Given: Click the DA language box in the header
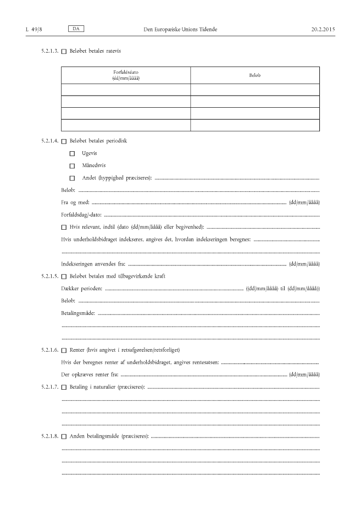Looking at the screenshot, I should [76, 27].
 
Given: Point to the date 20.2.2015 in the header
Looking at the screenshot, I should [323, 28].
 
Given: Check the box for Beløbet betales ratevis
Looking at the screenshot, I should [64, 52].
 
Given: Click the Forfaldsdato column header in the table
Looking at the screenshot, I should [126, 75].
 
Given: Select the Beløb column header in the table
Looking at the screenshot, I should [254, 75].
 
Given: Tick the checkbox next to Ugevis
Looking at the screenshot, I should [72, 153].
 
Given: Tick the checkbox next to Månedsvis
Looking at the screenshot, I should [72, 165].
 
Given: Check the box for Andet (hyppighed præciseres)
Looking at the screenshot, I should [72, 178].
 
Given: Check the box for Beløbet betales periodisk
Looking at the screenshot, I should [64, 141].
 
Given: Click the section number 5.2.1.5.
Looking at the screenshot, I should [49, 276].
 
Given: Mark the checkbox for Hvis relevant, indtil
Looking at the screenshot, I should [64, 227].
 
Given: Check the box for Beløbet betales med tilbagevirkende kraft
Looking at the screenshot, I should [64, 276].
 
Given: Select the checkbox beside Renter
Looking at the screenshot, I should [64, 351].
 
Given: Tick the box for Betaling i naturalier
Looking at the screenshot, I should [64, 388].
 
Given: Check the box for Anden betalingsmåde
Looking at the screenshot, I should [64, 437].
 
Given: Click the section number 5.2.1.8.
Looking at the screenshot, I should [49, 437].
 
